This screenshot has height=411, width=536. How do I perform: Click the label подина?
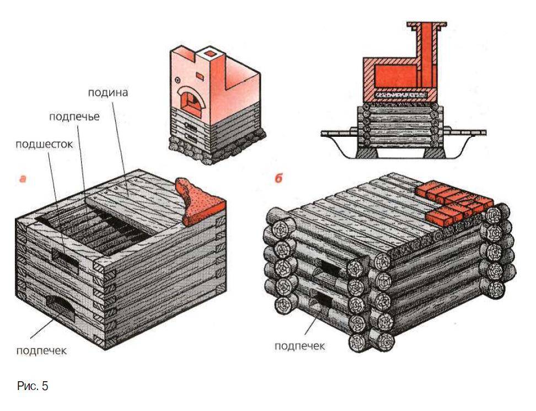pos(108,93)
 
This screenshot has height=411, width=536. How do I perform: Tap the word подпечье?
pos(74,116)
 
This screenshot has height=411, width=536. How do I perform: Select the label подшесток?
pos(44,145)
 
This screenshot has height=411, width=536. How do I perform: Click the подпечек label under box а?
pos(41,350)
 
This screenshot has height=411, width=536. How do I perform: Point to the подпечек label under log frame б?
pos(299,346)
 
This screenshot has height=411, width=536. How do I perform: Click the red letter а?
pos(23,179)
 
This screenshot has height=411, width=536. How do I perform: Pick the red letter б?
pos(278,178)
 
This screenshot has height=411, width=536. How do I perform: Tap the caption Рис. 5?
pos(33,386)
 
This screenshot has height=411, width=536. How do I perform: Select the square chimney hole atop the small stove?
pos(210,54)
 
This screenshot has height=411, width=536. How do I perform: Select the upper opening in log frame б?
pos(330,265)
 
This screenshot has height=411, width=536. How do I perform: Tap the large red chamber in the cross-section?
pos(395,76)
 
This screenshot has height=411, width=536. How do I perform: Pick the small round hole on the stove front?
pos(178,80)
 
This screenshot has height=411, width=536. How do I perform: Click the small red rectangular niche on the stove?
pos(200,75)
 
